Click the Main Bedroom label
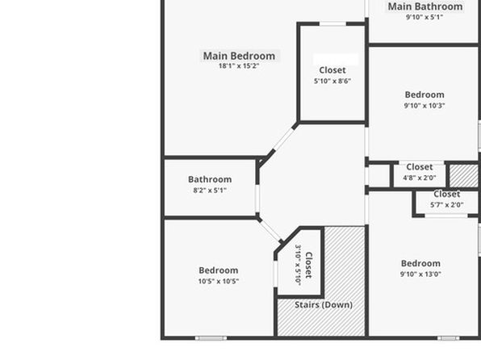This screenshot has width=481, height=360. tap(239, 57)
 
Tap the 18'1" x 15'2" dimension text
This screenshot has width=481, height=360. tap(239, 65)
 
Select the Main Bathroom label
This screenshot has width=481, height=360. tap(425, 6)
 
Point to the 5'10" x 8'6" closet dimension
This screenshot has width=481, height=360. tap(333, 81)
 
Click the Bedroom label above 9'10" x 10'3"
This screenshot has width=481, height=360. tap(425, 94)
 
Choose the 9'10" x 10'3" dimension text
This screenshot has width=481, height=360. tap(425, 106)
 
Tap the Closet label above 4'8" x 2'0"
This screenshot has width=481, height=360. tap(420, 167)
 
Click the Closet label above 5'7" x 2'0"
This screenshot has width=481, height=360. tap(446, 194)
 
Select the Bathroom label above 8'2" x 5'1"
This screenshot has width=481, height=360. tap(210, 179)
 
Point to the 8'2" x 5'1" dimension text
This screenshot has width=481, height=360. tap(210, 190)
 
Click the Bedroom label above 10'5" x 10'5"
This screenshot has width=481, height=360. tap(219, 270)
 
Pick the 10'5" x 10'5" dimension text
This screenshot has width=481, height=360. tap(219, 281)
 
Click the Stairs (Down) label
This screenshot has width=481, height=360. tap(324, 305)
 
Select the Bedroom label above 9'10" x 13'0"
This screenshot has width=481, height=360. tap(421, 263)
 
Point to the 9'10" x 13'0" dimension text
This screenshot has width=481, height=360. tap(421, 274)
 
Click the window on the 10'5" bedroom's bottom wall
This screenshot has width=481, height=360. tap(211, 338)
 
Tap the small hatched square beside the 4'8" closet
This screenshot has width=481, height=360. tap(464, 176)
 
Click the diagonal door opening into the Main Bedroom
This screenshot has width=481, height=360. tap(282, 141)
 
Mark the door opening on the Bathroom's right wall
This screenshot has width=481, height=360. tap(257, 199)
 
